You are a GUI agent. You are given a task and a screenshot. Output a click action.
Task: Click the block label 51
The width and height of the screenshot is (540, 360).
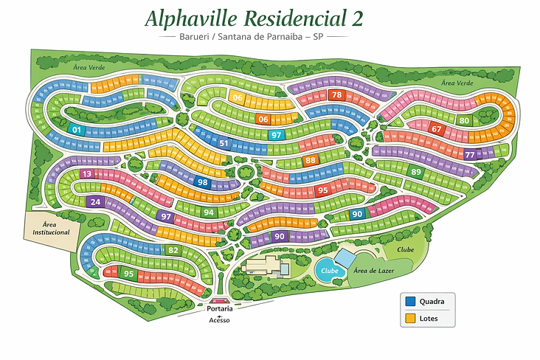pyautogui.click(x=224, y=143)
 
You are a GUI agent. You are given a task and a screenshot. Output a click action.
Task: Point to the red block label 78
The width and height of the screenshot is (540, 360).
pyautogui.click(x=336, y=95)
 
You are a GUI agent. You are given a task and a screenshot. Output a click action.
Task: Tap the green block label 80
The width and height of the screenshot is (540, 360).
pyautogui.click(x=464, y=120)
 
